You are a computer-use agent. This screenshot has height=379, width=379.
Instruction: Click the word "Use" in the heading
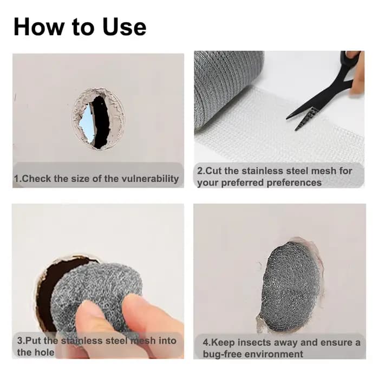(125, 27)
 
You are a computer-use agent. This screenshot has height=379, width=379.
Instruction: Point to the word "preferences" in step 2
(294, 183)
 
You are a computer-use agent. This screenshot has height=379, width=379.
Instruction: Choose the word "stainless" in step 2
(263, 171)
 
